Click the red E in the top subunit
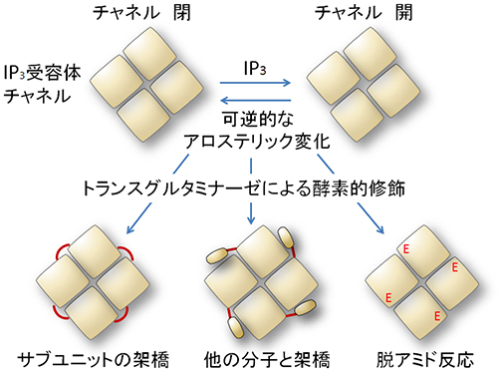(x=405, y=249)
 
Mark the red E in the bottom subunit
(x=438, y=314)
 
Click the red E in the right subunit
(x=455, y=267)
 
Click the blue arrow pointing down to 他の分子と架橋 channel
(x=251, y=210)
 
